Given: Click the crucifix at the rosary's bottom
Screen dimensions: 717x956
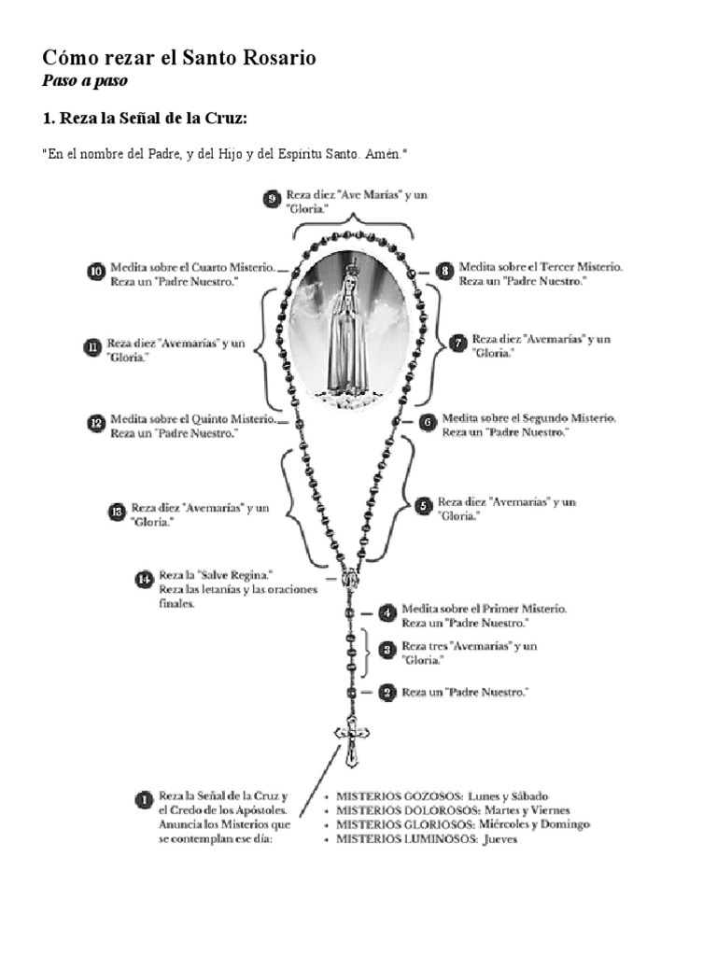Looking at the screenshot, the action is [x=352, y=741].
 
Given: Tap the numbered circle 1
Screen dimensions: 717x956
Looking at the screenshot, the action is [x=144, y=799].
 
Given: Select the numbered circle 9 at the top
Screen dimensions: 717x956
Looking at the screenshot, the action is [x=272, y=198].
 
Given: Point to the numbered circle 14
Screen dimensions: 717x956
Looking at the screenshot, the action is [x=144, y=580].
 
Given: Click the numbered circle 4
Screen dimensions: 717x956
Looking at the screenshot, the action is [x=387, y=613].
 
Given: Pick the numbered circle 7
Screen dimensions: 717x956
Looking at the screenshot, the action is [x=457, y=343].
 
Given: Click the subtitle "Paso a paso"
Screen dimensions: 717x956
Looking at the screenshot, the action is [x=85, y=80].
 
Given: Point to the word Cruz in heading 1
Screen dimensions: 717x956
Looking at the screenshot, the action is [x=222, y=119].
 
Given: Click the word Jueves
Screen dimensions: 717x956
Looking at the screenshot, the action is [x=499, y=838].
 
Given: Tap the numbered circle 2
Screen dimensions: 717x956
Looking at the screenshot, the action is [x=387, y=692].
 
